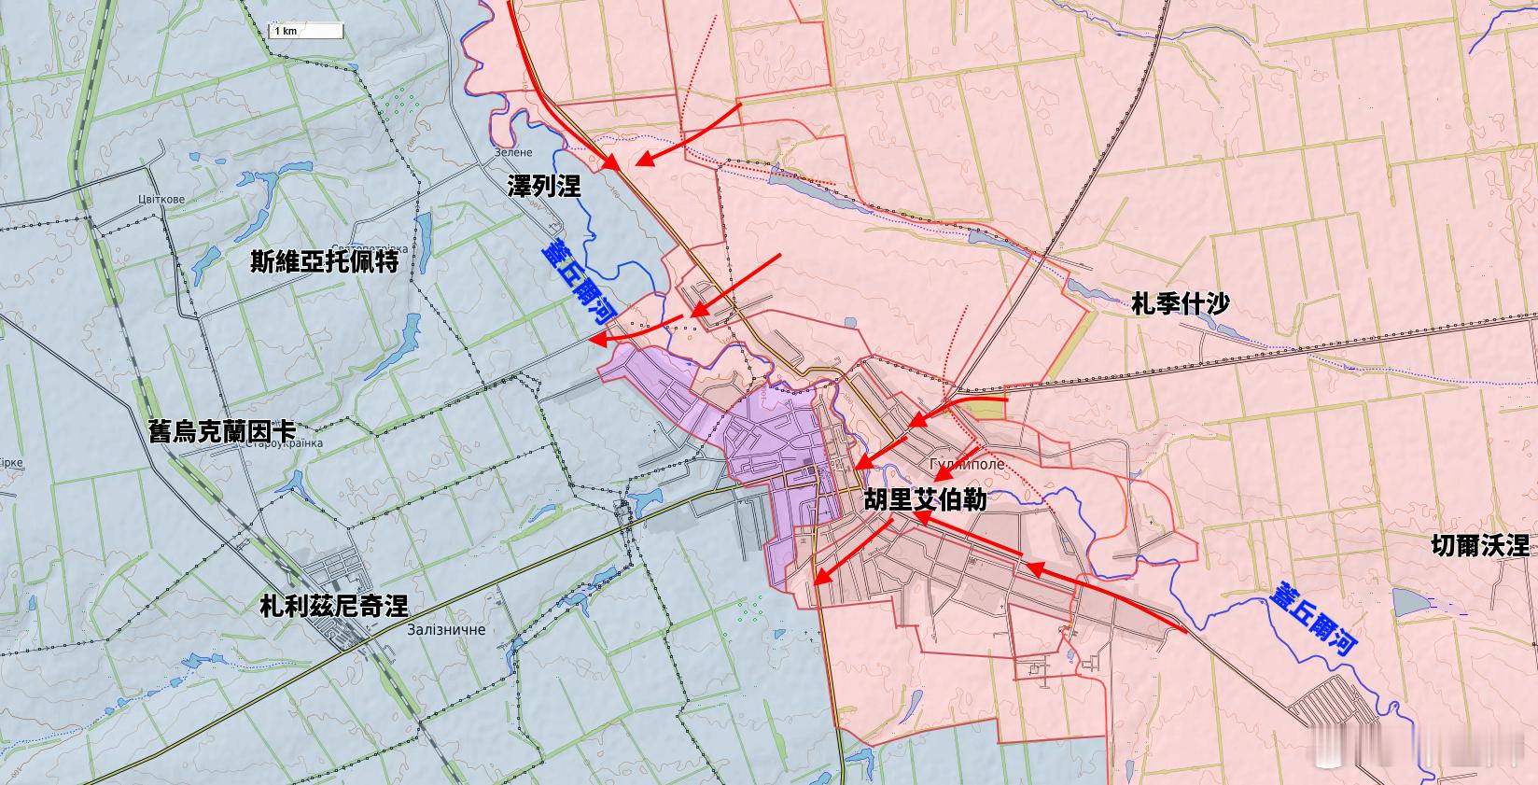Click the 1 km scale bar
306,31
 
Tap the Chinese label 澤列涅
544,186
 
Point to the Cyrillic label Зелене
513,152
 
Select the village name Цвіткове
161,199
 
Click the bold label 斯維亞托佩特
325,261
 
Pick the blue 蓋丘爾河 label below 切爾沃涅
1313,618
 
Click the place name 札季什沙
1180,303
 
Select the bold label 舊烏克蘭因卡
222,431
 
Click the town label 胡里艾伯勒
925,499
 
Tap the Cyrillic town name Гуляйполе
968,464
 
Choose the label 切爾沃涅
1480,545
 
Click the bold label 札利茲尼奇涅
334,607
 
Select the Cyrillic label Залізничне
446,630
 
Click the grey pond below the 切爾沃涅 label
1408,602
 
